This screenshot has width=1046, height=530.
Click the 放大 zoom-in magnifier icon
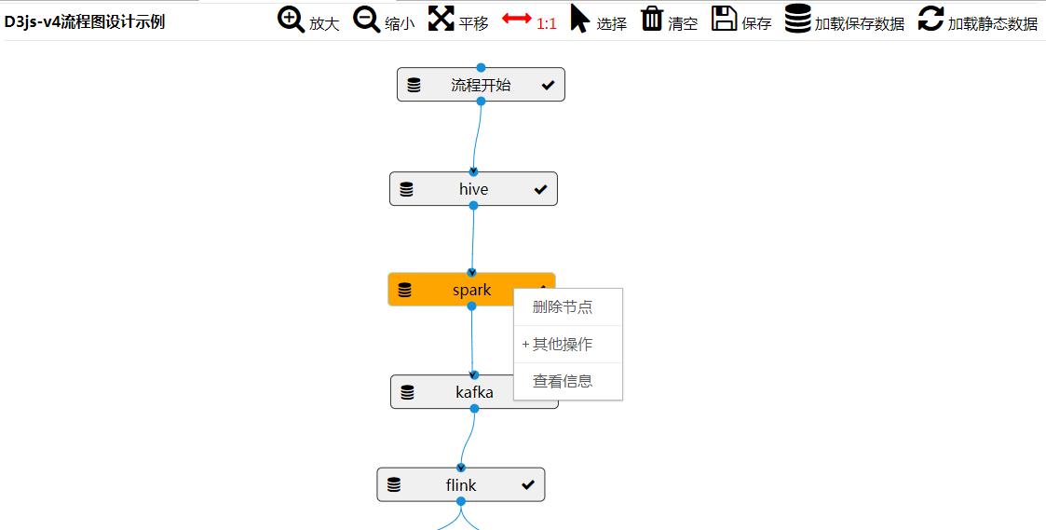point(292,20)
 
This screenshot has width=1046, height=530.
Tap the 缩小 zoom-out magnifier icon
point(367,20)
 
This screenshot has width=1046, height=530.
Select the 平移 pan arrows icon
point(441,19)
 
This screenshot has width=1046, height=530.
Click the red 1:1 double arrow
point(517,19)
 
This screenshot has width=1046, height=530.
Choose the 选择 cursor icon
point(580,19)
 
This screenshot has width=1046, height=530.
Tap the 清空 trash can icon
point(652,19)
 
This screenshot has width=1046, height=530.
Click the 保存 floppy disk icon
point(725,19)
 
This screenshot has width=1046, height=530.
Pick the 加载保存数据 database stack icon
point(797,19)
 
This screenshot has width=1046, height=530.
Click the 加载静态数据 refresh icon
point(931,19)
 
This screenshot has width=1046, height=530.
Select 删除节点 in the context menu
point(563,307)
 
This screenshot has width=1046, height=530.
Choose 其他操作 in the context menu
point(563,345)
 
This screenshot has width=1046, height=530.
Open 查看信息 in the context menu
point(563,381)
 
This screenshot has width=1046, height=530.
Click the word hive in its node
point(473,189)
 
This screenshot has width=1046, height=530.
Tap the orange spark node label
point(471,290)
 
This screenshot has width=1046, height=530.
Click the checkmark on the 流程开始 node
point(548,86)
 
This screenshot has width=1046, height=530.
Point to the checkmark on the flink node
point(528,485)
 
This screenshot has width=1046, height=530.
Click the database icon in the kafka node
point(407,392)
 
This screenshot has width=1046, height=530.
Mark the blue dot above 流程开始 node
point(481,67)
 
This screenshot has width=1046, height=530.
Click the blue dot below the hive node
point(473,206)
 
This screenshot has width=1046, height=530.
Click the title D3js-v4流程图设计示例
point(85,21)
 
